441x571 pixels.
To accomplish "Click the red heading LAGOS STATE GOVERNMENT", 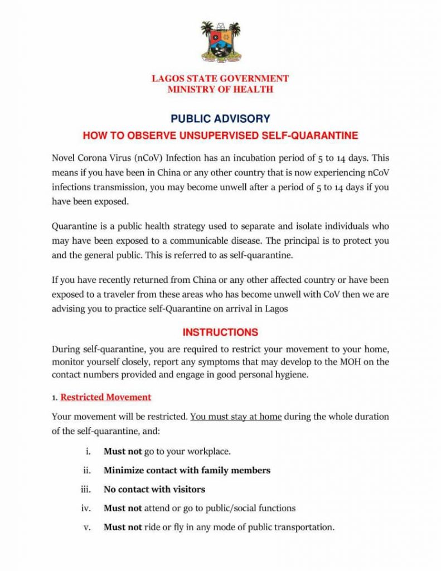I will pos(220,79).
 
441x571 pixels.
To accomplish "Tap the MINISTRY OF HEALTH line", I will pos(220,89).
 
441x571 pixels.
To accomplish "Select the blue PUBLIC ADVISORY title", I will pos(220,119).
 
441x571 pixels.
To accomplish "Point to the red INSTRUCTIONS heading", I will pos(220,332).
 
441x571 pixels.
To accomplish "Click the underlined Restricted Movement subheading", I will pos(105,398).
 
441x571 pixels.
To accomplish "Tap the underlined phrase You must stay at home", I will pos(236,417).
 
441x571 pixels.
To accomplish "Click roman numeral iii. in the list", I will pos(86,490).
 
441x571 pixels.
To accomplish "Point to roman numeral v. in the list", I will pos(88,528).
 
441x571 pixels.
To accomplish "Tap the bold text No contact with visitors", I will pos(154,490).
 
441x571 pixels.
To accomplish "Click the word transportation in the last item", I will pos(304,528).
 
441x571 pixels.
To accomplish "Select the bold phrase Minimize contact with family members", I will pos(187,471).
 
